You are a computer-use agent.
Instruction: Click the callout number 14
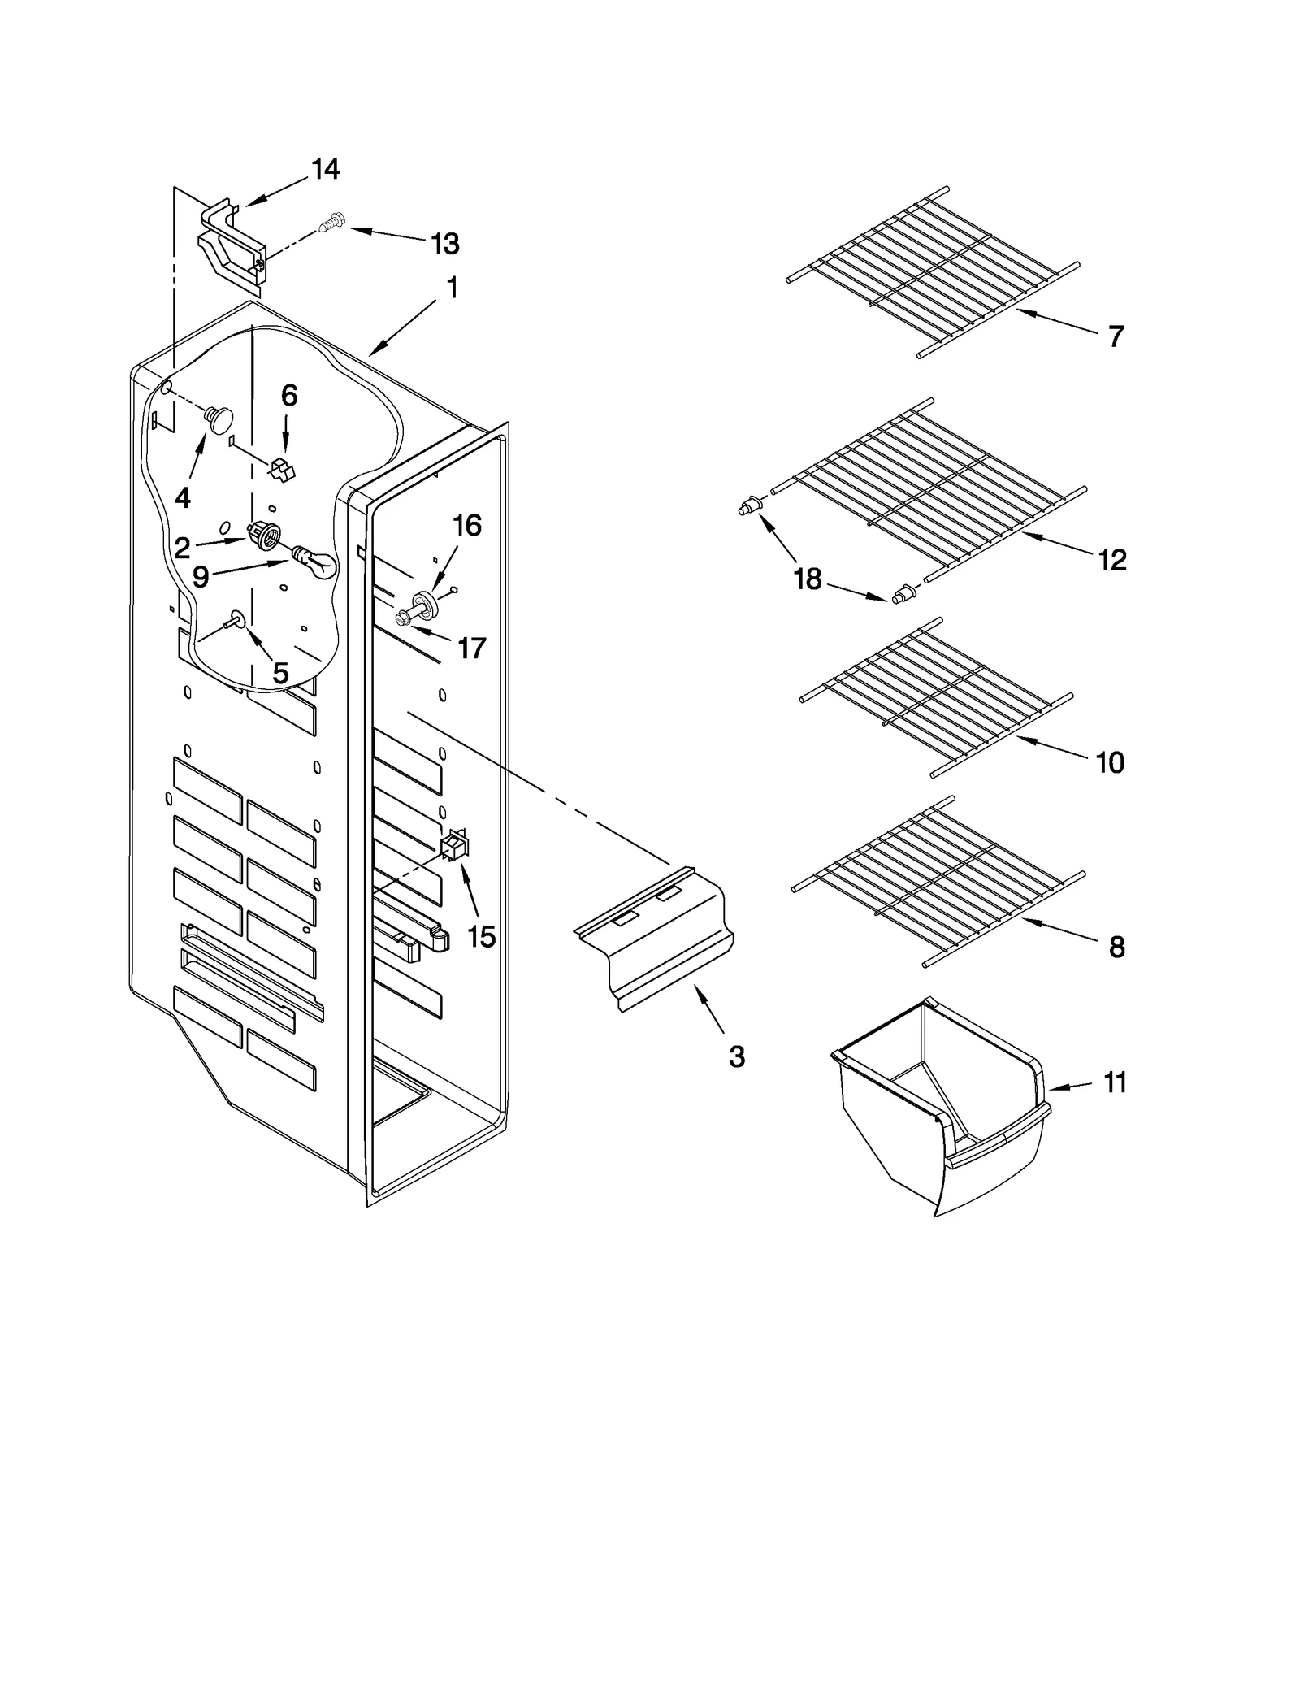click(x=325, y=169)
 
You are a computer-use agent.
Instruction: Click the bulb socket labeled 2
click(x=265, y=536)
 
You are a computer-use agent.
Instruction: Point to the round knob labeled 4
click(x=219, y=418)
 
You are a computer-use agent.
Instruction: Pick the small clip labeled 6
click(x=282, y=470)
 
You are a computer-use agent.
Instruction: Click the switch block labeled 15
click(x=455, y=846)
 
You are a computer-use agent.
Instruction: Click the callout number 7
click(x=1116, y=336)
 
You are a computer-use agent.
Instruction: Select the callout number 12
click(x=1112, y=560)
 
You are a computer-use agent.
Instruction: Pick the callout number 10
click(x=1110, y=762)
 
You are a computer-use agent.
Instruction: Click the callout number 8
click(x=1116, y=947)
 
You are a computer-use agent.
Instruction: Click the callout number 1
click(x=452, y=288)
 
